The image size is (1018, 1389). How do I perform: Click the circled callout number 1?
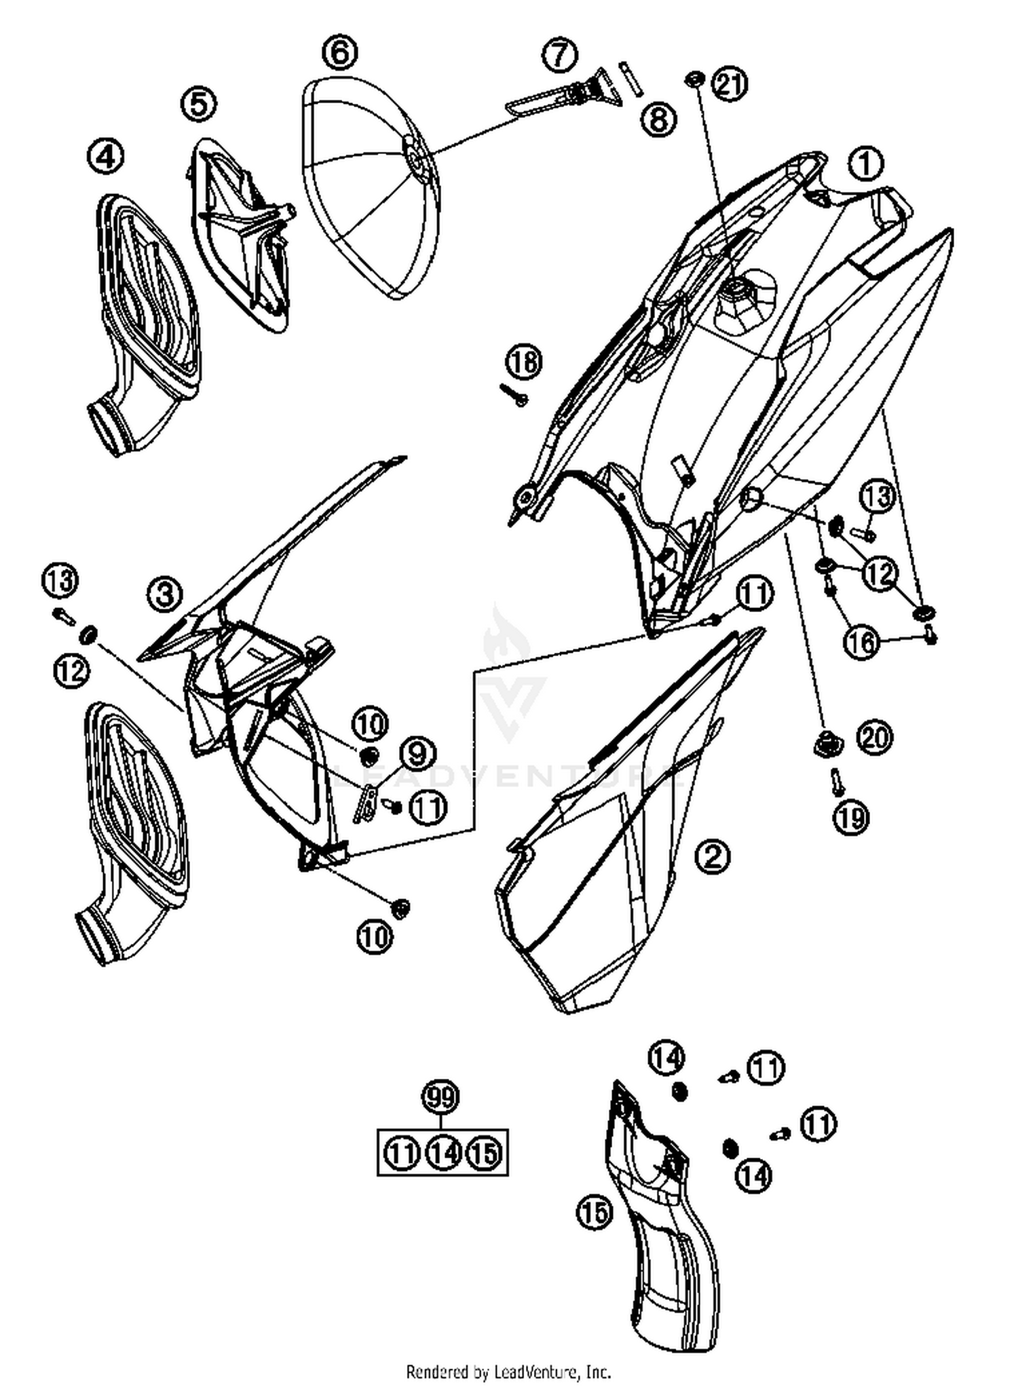(865, 164)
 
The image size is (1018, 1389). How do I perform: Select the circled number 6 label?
(340, 52)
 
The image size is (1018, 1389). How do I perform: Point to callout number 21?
(730, 85)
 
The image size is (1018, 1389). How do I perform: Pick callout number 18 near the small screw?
(524, 362)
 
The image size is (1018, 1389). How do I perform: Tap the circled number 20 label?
(874, 737)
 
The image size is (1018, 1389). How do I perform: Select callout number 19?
(851, 818)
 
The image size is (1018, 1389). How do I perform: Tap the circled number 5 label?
(199, 104)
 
